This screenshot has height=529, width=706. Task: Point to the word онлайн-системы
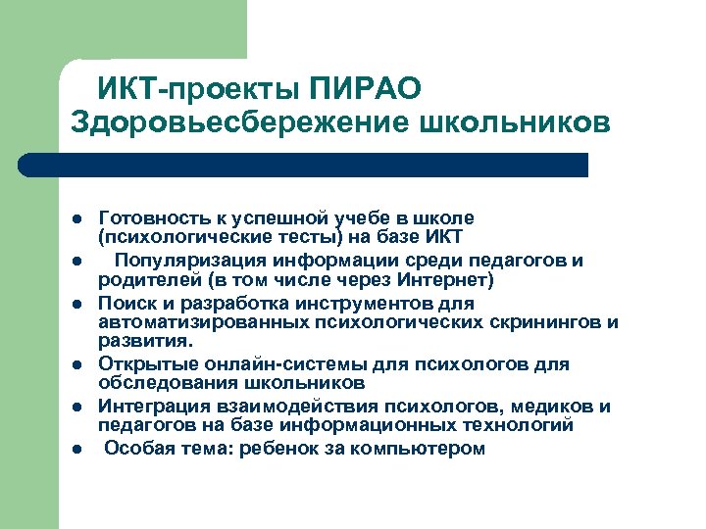[x=263, y=364]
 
